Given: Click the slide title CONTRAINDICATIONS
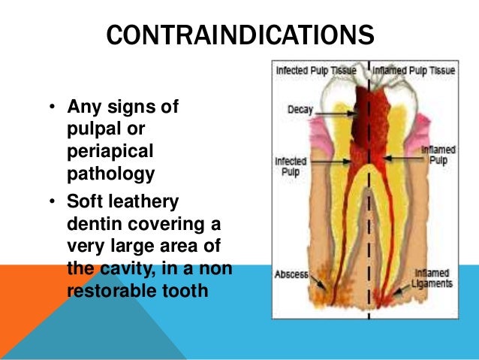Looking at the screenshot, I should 239,35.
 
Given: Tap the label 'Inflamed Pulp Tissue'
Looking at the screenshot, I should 414,70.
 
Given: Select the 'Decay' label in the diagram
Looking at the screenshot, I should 300,110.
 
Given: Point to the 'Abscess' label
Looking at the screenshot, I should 291,274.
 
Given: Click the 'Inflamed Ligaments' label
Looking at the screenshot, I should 433,278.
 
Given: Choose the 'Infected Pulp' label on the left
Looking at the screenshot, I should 288,165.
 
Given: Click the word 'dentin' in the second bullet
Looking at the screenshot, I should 92,225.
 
